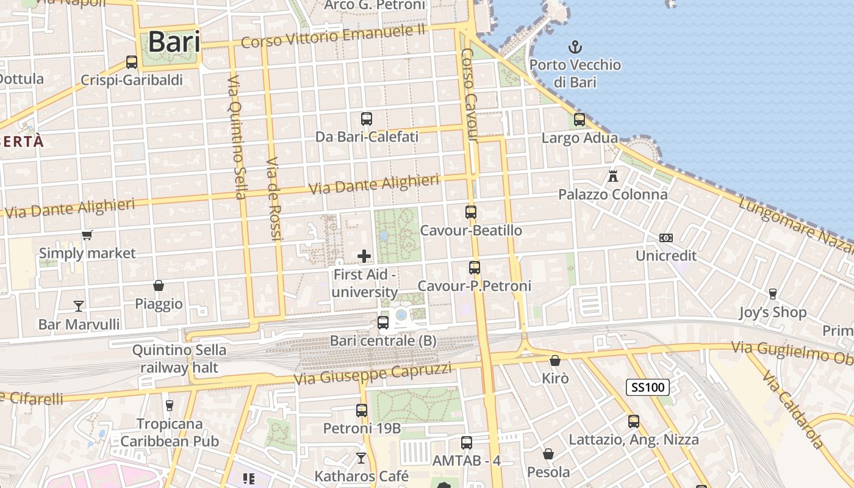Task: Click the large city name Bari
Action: click(174, 42)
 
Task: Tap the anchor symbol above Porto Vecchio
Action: click(574, 46)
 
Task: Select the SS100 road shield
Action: click(647, 387)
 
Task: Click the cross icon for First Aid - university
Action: click(364, 256)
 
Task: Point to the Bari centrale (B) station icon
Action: click(383, 323)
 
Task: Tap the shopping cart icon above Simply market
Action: click(87, 235)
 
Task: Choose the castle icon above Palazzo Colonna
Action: click(613, 176)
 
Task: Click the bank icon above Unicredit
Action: click(666, 237)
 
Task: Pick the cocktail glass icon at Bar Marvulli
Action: click(79, 306)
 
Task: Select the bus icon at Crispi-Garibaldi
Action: click(132, 62)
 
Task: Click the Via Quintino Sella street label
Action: click(237, 137)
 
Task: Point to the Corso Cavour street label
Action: click(469, 95)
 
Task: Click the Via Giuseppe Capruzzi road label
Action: click(373, 373)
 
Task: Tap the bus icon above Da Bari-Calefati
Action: click(367, 119)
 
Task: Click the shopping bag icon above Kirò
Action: click(555, 361)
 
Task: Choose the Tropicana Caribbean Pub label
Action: click(169, 432)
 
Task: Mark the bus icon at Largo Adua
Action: click(579, 120)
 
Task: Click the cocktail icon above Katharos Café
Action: click(361, 457)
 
